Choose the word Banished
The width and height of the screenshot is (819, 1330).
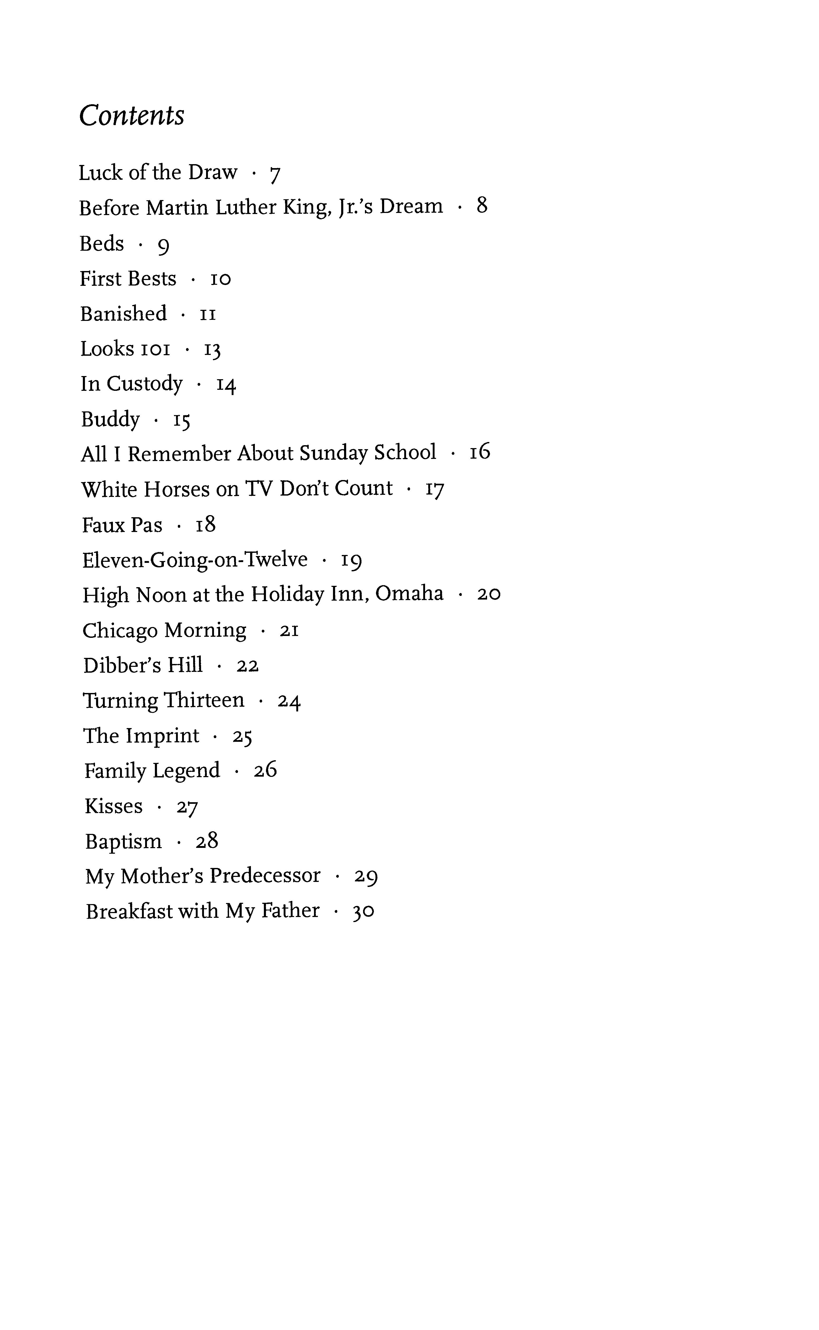[123, 314]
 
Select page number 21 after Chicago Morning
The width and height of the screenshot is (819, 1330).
[289, 630]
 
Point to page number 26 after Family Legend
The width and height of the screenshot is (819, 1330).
[265, 770]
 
